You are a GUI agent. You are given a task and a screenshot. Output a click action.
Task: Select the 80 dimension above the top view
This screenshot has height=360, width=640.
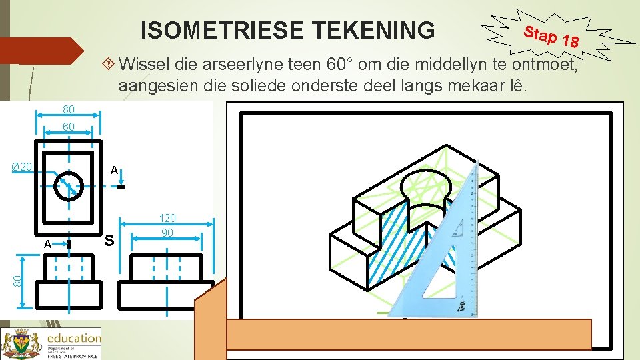(x=68, y=109)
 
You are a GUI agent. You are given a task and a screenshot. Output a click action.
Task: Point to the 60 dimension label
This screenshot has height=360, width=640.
(x=68, y=127)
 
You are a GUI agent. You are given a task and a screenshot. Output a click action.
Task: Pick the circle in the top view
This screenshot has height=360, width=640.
(x=69, y=186)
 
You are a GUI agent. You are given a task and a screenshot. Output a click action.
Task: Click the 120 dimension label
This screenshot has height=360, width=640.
(x=167, y=219)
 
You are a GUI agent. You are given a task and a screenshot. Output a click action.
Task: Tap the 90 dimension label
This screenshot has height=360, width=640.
(x=167, y=233)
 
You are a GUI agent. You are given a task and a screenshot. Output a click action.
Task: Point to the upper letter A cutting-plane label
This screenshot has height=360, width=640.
(x=115, y=171)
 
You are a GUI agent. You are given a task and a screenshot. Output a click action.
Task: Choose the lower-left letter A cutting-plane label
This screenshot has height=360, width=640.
(x=47, y=244)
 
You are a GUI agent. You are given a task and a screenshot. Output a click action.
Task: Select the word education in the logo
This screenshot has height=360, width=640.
(x=73, y=338)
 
